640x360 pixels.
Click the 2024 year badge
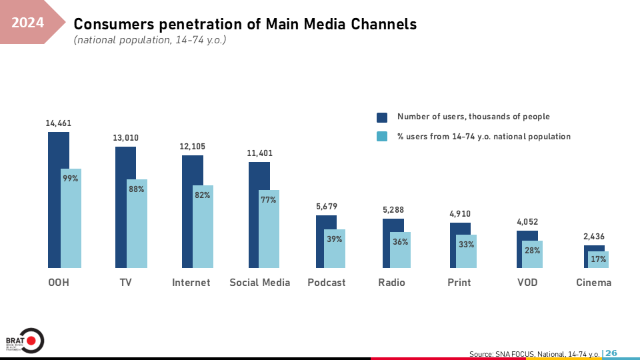pos(28,23)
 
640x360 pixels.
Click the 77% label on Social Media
pos(269,199)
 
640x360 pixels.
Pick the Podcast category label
pos(327,283)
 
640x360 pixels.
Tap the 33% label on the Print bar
pos(467,244)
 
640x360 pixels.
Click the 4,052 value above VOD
pos(527,223)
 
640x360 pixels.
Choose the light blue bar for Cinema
pos(599,259)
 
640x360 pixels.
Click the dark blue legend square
pos(382,117)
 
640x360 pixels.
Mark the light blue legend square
pos(382,137)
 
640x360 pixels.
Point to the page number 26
pos(611,353)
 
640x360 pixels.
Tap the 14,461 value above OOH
pos(58,123)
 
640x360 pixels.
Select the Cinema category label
pos(593,283)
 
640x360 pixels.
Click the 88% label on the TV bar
pos(137,189)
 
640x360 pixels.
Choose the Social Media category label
pos(260,283)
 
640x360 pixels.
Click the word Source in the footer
pos(481,353)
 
